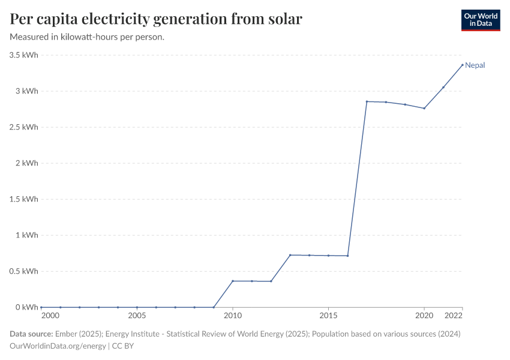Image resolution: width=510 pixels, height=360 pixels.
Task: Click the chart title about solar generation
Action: click(x=156, y=19)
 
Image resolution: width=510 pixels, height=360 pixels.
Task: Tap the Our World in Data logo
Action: click(x=480, y=20)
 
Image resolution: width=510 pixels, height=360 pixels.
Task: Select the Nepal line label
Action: click(x=475, y=65)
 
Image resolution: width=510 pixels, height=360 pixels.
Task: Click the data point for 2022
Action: click(x=463, y=65)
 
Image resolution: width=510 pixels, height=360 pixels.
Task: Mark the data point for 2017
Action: click(x=367, y=101)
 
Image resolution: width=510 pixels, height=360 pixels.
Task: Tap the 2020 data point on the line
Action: click(x=424, y=108)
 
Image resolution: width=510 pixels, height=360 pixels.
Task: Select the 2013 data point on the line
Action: click(x=290, y=255)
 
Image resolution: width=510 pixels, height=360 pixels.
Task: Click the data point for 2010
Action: click(x=233, y=281)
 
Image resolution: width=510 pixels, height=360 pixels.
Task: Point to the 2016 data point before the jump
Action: click(x=347, y=256)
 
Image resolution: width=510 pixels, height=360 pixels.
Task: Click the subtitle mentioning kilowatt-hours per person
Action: click(x=88, y=37)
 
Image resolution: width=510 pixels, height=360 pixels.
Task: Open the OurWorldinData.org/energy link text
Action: click(x=58, y=346)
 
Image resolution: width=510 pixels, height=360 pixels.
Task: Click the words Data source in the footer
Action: click(x=31, y=334)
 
